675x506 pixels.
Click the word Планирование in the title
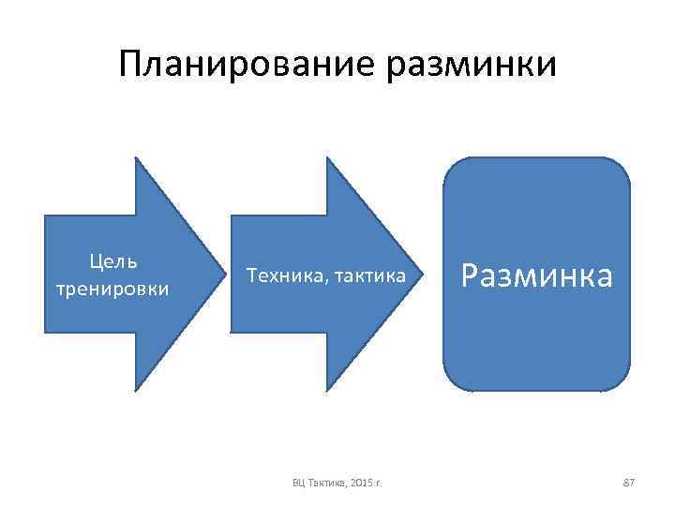[x=245, y=65]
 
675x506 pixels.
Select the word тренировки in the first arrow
[x=112, y=288]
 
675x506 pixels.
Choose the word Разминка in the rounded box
[x=537, y=275]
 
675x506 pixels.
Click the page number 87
[x=629, y=482]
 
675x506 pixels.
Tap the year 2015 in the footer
[x=361, y=483]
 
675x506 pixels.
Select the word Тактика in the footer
[x=325, y=483]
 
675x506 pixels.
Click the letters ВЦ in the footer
[x=299, y=483]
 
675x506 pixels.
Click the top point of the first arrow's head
[x=137, y=157]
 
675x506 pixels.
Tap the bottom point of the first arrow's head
[x=137, y=390]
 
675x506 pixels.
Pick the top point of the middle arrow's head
[x=325, y=157]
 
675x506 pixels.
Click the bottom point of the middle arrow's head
[x=325, y=390]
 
